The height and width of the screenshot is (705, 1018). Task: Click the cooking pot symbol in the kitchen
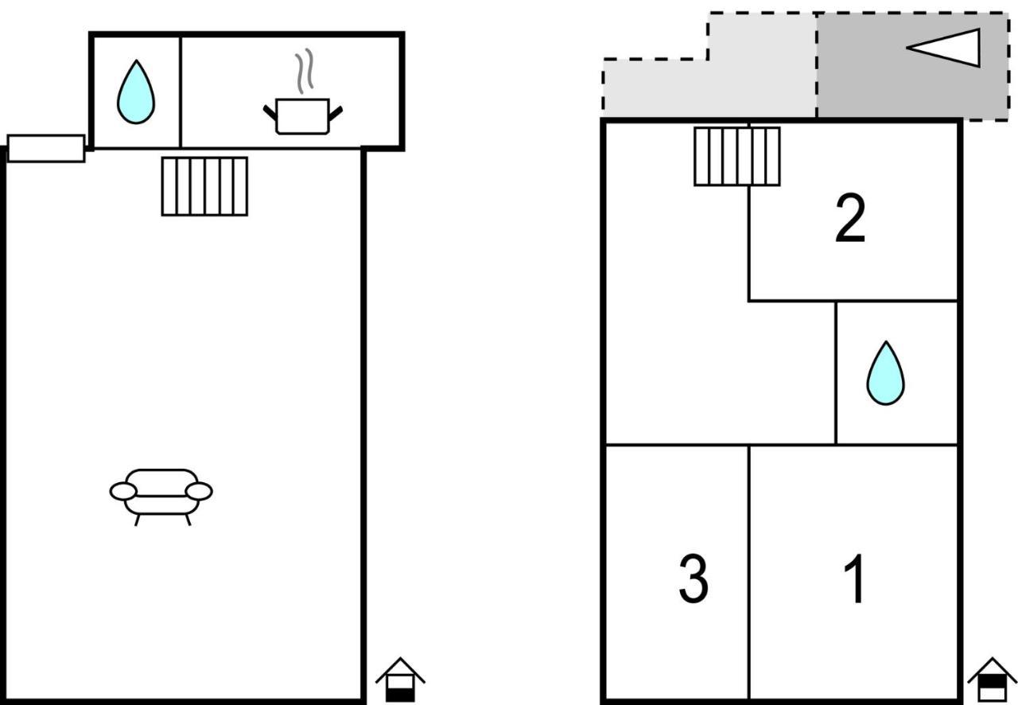click(x=303, y=116)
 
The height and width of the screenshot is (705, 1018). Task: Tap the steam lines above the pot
click(x=305, y=71)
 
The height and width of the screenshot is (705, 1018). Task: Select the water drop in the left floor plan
click(x=136, y=92)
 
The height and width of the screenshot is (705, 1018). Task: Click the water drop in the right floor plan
click(x=885, y=373)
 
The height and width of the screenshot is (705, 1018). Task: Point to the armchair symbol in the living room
click(x=161, y=497)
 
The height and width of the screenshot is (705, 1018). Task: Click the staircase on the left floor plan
click(x=204, y=186)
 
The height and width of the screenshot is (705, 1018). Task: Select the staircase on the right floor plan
click(x=737, y=157)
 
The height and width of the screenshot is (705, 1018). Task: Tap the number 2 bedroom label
click(x=850, y=219)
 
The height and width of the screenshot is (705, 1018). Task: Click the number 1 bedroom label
click(x=854, y=578)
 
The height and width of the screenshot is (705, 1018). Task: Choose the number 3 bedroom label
click(x=694, y=578)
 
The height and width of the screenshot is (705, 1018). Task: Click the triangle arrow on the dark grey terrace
click(x=943, y=48)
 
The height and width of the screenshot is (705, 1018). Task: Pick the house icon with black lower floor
click(x=400, y=680)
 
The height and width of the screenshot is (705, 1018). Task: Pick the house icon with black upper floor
click(x=992, y=680)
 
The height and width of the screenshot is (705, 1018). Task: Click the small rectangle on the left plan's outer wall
click(x=46, y=148)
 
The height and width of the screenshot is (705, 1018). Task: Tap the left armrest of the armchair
click(x=123, y=491)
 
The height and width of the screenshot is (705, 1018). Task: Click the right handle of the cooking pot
click(x=336, y=114)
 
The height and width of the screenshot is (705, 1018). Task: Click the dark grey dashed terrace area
click(x=912, y=66)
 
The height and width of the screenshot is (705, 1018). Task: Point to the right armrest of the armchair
click(x=199, y=491)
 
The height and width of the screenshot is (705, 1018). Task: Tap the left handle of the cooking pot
click(x=270, y=113)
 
